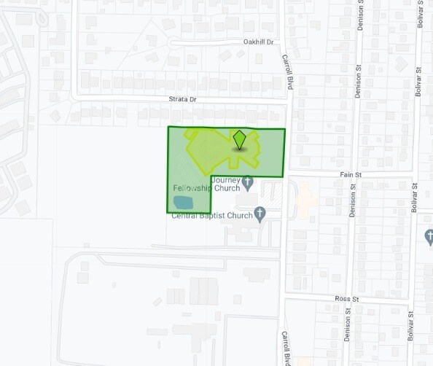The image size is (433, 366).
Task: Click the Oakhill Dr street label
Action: coord(257,42)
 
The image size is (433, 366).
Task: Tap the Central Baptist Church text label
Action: coord(211,215)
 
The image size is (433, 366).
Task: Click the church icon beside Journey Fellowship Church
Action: coord(248,182)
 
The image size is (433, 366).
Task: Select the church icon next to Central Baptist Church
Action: coord(260,214)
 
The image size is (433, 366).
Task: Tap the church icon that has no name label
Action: coord(429,238)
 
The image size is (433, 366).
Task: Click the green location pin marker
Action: coord(240,139)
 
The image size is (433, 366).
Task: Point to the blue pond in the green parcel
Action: coord(183,201)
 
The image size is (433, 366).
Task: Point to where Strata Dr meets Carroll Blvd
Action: coord(286,98)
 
